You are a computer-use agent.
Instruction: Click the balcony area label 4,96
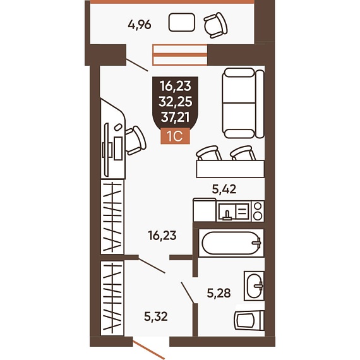click(x=140, y=25)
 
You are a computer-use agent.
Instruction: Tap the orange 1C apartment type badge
click(x=175, y=136)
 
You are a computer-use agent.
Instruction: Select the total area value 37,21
click(x=176, y=117)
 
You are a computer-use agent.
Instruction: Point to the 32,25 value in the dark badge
click(x=176, y=102)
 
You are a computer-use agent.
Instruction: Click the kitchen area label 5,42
click(x=224, y=189)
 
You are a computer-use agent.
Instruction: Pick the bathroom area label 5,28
click(x=219, y=293)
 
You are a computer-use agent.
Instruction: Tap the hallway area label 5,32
click(x=156, y=316)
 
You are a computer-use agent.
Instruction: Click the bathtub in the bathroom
click(x=231, y=243)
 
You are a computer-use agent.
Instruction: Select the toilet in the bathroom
click(x=249, y=320)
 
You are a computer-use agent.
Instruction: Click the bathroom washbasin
click(x=254, y=286)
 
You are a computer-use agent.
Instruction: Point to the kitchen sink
click(x=234, y=212)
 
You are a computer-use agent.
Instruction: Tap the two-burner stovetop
click(x=258, y=211)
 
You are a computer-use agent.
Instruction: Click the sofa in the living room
click(x=243, y=103)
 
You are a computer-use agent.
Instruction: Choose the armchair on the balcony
click(x=215, y=25)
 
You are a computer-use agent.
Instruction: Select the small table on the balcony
click(x=182, y=22)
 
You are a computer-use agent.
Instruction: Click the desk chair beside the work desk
click(x=136, y=140)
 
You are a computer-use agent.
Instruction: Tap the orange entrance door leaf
click(x=149, y=350)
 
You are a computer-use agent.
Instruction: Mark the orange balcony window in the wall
click(x=180, y=55)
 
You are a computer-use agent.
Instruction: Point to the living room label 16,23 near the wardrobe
click(x=162, y=236)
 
